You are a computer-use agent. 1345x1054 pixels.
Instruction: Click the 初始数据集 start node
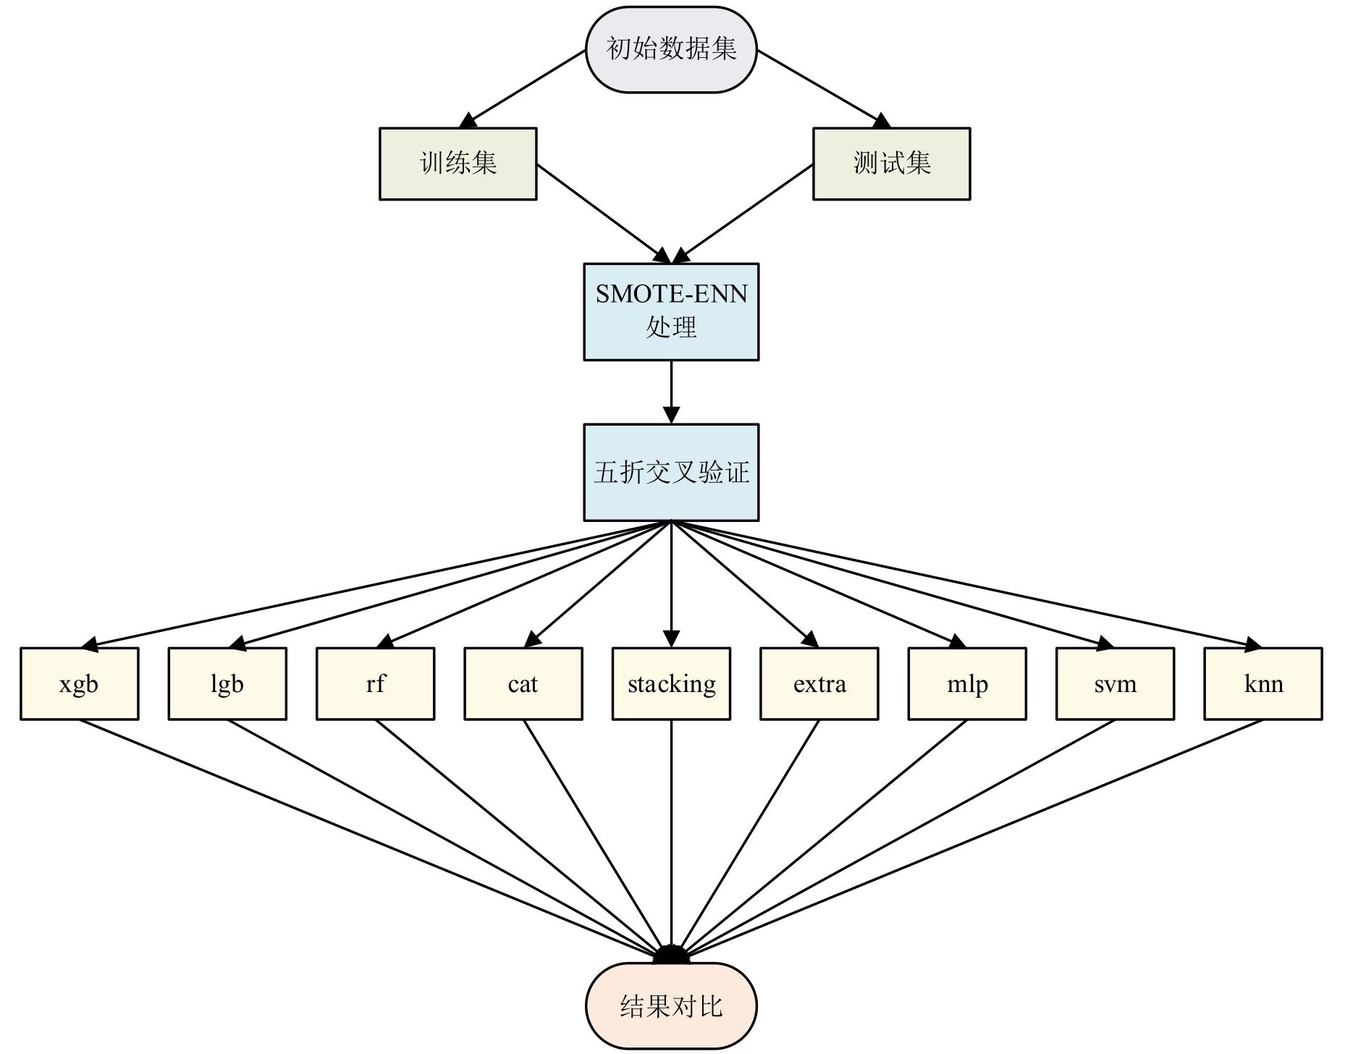[x=671, y=49]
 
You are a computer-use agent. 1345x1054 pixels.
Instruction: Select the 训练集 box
[x=458, y=164]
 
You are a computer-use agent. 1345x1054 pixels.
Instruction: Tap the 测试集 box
[x=891, y=164]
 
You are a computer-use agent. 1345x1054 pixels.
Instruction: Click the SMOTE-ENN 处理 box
[x=671, y=311]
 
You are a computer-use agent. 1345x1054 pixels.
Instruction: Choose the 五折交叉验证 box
[x=671, y=472]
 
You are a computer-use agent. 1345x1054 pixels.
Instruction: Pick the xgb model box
[x=79, y=683]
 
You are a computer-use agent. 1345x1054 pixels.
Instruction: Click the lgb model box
[x=227, y=683]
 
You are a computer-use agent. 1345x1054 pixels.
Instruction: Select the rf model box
[x=375, y=683]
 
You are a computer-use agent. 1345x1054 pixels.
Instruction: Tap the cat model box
[x=523, y=683]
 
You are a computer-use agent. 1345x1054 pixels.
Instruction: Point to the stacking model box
[x=671, y=683]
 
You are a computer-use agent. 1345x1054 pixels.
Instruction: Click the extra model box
[x=819, y=683]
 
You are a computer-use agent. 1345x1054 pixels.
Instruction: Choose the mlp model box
[x=967, y=683]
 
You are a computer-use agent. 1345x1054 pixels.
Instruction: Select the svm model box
[x=1115, y=683]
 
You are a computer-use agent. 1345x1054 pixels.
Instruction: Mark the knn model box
[x=1263, y=683]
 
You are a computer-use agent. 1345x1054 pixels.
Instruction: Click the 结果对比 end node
[x=671, y=1005]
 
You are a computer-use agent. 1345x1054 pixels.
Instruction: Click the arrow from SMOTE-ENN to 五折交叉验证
[x=671, y=392]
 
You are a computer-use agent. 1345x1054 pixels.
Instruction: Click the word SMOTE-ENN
[x=671, y=294]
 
